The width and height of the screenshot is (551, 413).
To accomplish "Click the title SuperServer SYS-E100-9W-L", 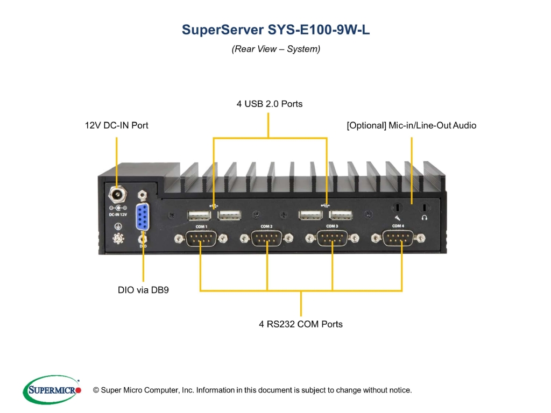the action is pyautogui.click(x=275, y=30).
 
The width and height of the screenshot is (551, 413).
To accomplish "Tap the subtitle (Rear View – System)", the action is pyautogui.click(x=276, y=49).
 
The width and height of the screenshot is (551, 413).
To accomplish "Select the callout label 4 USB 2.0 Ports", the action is pyautogui.click(x=270, y=104).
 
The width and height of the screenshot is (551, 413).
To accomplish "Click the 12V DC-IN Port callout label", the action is pyautogui.click(x=117, y=125).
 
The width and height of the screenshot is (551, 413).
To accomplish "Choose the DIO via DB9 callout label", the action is pyautogui.click(x=143, y=290).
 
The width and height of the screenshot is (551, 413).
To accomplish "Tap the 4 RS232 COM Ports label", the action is pyautogui.click(x=301, y=324).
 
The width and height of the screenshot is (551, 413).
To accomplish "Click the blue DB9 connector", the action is pyautogui.click(x=142, y=217).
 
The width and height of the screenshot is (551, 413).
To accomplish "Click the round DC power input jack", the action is pyautogui.click(x=117, y=195).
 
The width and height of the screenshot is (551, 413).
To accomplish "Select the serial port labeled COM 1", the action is pyautogui.click(x=201, y=238).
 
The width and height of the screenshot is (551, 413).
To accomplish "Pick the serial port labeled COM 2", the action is pyautogui.click(x=267, y=238).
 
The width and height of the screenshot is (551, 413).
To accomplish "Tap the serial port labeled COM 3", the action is pyautogui.click(x=333, y=238).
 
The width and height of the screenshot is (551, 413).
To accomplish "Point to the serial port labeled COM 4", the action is pyautogui.click(x=398, y=238).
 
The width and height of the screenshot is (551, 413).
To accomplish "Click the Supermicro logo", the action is pyautogui.click(x=52, y=389).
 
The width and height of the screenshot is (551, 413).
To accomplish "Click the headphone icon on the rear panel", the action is pyautogui.click(x=425, y=218).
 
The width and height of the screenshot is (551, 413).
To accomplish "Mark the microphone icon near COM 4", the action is pyautogui.click(x=398, y=218).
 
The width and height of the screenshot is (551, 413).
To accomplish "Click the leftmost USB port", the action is pyautogui.click(x=199, y=215).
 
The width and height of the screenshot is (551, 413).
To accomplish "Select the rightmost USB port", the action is pyautogui.click(x=341, y=215).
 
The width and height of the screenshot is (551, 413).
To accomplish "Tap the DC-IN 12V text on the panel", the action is pyautogui.click(x=118, y=215).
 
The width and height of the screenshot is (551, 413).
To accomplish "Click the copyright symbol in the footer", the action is pyautogui.click(x=96, y=390).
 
